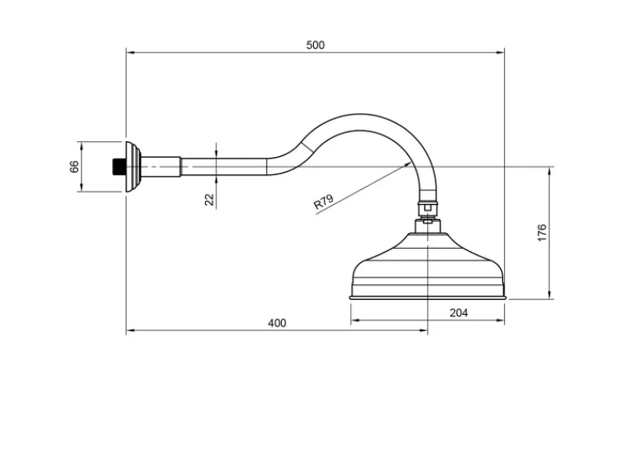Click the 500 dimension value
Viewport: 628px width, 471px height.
(316, 45)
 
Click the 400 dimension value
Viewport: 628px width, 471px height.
(277, 323)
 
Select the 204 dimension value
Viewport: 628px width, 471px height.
(458, 312)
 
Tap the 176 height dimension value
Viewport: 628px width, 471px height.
(542, 232)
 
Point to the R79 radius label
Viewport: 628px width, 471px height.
(323, 203)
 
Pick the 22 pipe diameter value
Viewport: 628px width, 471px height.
(209, 199)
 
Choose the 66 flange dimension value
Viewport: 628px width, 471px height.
(74, 166)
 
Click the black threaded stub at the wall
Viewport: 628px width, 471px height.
(119, 167)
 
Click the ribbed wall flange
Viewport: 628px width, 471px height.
(133, 166)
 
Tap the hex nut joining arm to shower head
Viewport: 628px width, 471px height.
(428, 207)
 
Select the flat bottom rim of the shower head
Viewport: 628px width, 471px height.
(428, 298)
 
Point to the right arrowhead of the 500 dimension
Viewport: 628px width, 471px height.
(500, 52)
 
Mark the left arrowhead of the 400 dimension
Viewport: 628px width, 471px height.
(130, 330)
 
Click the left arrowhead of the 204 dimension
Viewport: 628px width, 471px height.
(356, 320)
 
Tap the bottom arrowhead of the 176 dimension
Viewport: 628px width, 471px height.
(549, 294)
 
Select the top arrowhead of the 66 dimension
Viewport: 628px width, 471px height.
(82, 146)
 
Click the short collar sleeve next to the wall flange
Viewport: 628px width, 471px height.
(161, 166)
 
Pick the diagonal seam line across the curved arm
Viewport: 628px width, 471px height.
(307, 147)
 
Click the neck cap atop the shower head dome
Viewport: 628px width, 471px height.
(428, 226)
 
